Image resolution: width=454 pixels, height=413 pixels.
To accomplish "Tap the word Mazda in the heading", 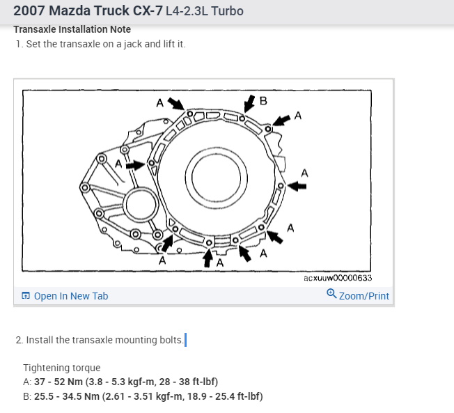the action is (x=72, y=12).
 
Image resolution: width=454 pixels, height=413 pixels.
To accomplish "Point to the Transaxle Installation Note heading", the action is (x=72, y=29).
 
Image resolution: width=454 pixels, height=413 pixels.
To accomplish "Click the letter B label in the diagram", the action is (x=263, y=100).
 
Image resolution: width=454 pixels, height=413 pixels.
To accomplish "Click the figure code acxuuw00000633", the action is (x=338, y=278).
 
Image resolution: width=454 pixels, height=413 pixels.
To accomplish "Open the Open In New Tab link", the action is (x=70, y=296).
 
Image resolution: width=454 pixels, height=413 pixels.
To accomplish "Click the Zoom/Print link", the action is (x=363, y=296).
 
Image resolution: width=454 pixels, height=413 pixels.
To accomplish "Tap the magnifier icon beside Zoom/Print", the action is (x=331, y=295).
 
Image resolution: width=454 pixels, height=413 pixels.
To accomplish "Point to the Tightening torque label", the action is (x=62, y=368).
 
